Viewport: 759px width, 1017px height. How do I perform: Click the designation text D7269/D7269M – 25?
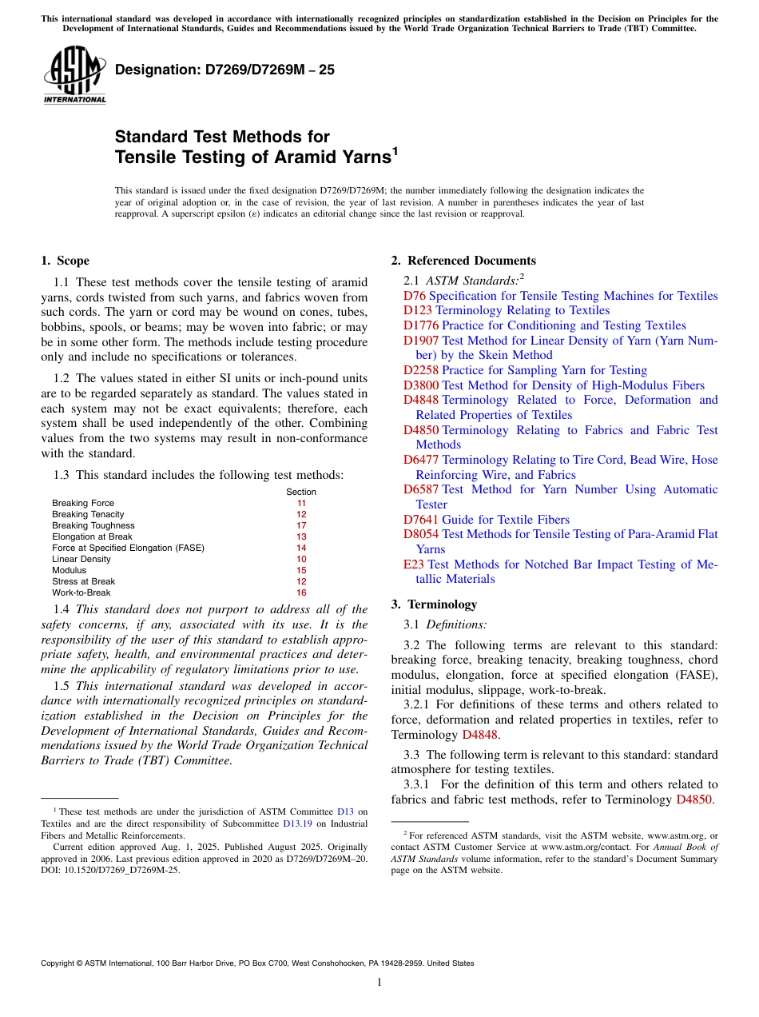(225, 70)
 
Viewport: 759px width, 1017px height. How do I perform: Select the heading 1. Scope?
(65, 261)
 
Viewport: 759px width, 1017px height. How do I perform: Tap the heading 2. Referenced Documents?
(463, 261)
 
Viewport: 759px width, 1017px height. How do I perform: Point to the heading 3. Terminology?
(434, 604)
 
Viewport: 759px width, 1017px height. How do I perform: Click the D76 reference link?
(414, 296)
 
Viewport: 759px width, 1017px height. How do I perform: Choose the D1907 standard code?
(421, 341)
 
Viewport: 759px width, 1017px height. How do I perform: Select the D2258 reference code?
(421, 370)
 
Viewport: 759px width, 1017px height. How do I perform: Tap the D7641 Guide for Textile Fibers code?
(421, 520)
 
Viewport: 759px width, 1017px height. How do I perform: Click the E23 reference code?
(414, 564)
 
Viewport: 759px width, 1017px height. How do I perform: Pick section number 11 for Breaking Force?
(301, 504)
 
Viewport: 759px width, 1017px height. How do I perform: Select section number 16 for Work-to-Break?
(301, 593)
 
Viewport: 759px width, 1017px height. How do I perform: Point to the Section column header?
(301, 492)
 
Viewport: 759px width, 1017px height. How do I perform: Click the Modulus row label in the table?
(70, 571)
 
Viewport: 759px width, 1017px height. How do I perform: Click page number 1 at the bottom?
(379, 983)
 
